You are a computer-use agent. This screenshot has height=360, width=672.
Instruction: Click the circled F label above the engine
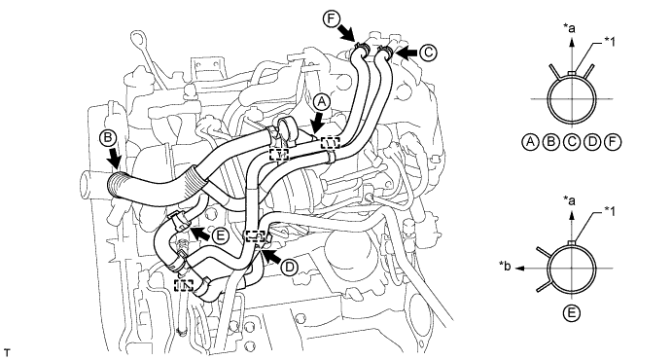[332, 19]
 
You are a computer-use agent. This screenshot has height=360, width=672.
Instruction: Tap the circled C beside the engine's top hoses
[427, 54]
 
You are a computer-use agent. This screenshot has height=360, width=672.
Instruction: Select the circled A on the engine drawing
[322, 103]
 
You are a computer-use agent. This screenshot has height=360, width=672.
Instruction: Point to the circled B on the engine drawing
[108, 137]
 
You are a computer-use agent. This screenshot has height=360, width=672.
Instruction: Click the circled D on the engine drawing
[290, 268]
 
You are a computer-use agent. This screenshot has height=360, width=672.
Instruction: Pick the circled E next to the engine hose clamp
[221, 235]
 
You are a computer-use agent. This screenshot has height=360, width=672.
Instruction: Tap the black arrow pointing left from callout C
[406, 54]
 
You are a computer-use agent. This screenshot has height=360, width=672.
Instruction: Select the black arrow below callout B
[114, 158]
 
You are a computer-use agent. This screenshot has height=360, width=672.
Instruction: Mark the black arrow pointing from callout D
[271, 256]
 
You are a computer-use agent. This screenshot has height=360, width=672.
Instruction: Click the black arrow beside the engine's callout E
[200, 234]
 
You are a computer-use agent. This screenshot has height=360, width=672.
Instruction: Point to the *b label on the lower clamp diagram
[506, 267]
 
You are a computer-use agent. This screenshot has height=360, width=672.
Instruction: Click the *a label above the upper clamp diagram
[569, 28]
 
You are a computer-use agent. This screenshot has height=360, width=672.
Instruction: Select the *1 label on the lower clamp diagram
[610, 211]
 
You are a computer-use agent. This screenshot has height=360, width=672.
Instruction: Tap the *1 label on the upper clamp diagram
[610, 41]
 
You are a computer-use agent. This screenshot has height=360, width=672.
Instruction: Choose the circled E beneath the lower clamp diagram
[571, 313]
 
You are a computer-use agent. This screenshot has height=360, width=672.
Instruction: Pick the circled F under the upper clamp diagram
[613, 141]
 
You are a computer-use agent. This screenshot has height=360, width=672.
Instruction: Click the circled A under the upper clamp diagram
[531, 141]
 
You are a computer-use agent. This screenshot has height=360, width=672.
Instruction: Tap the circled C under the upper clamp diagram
[572, 141]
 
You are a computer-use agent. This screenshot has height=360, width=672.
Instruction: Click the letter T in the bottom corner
[6, 353]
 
